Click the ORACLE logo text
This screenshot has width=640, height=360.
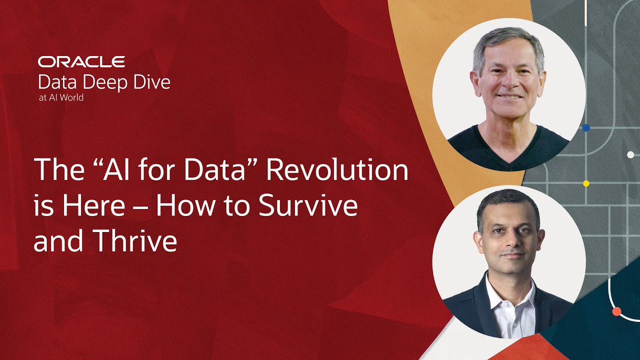tap(82, 61)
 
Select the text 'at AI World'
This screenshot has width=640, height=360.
tap(60, 98)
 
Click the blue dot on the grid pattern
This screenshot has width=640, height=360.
tap(586, 128)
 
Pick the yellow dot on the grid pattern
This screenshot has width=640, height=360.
tap(586, 183)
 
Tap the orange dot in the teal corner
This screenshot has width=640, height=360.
tap(617, 311)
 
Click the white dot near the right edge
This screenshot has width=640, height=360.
tap(630, 155)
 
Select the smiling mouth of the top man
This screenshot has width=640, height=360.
tap(509, 97)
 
